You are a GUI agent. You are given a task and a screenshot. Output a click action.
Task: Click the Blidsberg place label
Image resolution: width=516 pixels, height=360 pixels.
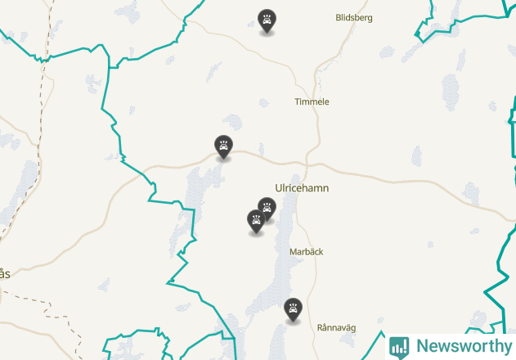click(x=355, y=17)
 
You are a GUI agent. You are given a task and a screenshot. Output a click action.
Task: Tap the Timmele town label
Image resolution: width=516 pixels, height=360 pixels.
click(x=312, y=102)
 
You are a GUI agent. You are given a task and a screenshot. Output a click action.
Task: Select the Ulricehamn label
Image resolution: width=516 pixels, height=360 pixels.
click(x=303, y=188)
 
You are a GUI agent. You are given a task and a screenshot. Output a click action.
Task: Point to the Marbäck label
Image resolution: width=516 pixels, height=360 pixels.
click(x=307, y=252)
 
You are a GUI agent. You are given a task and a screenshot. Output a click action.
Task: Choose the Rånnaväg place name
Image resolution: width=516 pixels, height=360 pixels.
click(x=337, y=327)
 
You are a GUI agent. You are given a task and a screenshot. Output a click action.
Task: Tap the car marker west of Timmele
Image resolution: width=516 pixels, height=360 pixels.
click(x=223, y=146)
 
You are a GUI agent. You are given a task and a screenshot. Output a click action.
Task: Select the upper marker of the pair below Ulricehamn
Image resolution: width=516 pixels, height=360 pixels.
click(x=267, y=207)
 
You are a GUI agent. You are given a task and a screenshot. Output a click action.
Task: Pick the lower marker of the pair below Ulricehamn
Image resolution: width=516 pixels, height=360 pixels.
click(x=256, y=219)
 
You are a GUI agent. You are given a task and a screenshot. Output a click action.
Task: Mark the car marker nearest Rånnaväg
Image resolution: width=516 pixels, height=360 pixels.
click(x=293, y=309)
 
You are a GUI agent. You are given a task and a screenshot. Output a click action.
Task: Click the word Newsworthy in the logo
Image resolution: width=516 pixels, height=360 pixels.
click(x=464, y=346)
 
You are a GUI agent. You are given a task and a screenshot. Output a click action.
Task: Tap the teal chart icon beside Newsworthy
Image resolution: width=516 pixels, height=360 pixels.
click(x=399, y=346)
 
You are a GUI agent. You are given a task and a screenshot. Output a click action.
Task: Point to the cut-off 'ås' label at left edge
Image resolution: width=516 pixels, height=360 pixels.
click(x=5, y=274)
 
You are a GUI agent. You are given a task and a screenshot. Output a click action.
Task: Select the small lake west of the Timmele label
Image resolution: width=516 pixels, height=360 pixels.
click(x=263, y=103)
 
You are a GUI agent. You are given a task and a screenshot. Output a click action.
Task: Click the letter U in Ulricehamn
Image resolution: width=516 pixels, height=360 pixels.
click(x=280, y=188)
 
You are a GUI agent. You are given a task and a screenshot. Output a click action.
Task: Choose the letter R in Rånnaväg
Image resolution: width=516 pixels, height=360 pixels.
click(x=321, y=327)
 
